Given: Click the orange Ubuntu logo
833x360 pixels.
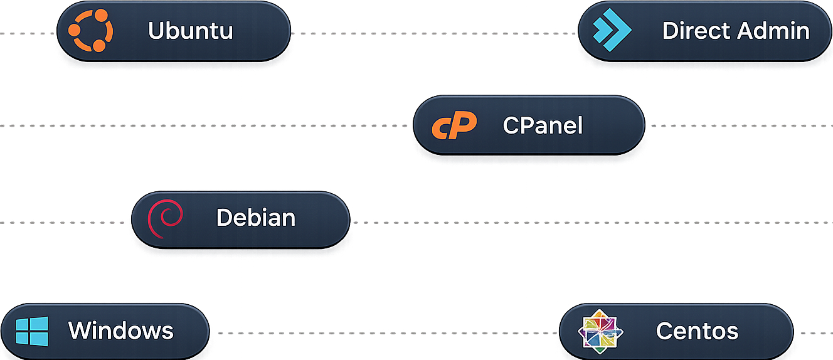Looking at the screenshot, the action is pos(90,31).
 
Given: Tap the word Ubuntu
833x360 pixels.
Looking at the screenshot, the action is pos(191,31).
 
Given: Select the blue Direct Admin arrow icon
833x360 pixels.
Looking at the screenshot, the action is pos(612,29).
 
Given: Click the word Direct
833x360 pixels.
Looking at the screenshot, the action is pos(696,30).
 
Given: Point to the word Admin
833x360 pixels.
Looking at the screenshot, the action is pos(773,30).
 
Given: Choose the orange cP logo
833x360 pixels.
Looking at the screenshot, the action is pos(454,125).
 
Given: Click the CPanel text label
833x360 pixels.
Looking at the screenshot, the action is pos(543,125).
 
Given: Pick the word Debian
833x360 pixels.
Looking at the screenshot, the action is pos(256,217).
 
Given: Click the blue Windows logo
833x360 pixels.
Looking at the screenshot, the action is pos(32,331).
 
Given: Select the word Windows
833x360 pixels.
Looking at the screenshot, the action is pos(121,331).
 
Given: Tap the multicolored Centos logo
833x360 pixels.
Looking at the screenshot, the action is pos(600,331).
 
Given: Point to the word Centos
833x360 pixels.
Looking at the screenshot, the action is pos(697,331).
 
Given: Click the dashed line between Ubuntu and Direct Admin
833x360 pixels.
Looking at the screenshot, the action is pos(433,33).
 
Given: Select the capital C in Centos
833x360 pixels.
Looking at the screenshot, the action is pos(665,331).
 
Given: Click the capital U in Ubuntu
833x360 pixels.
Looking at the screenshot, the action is pos(157,31).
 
